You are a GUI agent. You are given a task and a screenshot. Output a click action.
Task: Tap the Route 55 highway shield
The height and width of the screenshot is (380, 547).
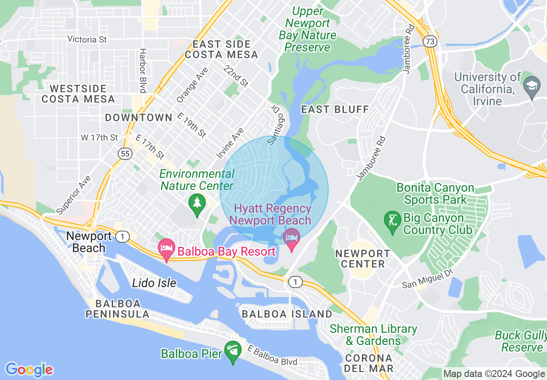pyautogui.click(x=125, y=154)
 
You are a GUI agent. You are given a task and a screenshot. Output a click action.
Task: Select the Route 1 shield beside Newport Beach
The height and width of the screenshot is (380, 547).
pyautogui.click(x=123, y=236)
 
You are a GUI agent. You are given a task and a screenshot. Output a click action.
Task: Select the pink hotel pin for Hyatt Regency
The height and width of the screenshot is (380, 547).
pyautogui.click(x=292, y=238)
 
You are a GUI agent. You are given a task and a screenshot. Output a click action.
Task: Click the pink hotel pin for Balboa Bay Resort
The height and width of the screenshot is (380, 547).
pyautogui.click(x=167, y=249)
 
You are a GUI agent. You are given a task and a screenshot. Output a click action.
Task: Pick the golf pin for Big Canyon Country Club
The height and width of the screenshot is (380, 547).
pyautogui.click(x=392, y=221)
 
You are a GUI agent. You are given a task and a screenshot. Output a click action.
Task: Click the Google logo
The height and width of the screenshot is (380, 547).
pyautogui.click(x=29, y=370)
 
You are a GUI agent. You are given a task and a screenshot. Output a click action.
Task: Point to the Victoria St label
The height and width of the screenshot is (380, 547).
pyautogui.click(x=87, y=39)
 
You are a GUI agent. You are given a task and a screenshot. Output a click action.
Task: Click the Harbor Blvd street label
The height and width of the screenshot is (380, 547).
pyautogui.click(x=143, y=70)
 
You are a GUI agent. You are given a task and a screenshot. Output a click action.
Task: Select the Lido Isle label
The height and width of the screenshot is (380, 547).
pyautogui.click(x=154, y=283)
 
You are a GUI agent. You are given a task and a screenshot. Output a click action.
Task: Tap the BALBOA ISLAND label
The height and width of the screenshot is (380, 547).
pyautogui.click(x=287, y=314)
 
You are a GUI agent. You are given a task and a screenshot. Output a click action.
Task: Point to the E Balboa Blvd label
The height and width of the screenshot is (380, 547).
pyautogui.click(x=272, y=355)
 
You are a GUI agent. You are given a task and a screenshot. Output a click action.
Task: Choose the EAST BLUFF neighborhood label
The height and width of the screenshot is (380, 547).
pyautogui.click(x=335, y=109)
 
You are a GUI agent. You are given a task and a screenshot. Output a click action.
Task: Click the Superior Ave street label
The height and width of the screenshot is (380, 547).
pyautogui.click(x=74, y=195)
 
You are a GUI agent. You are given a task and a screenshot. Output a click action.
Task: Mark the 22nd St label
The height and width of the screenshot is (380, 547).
pyautogui.click(x=236, y=76)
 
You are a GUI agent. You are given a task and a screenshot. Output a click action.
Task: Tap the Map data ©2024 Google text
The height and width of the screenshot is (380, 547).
pyautogui.click(x=494, y=374)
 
